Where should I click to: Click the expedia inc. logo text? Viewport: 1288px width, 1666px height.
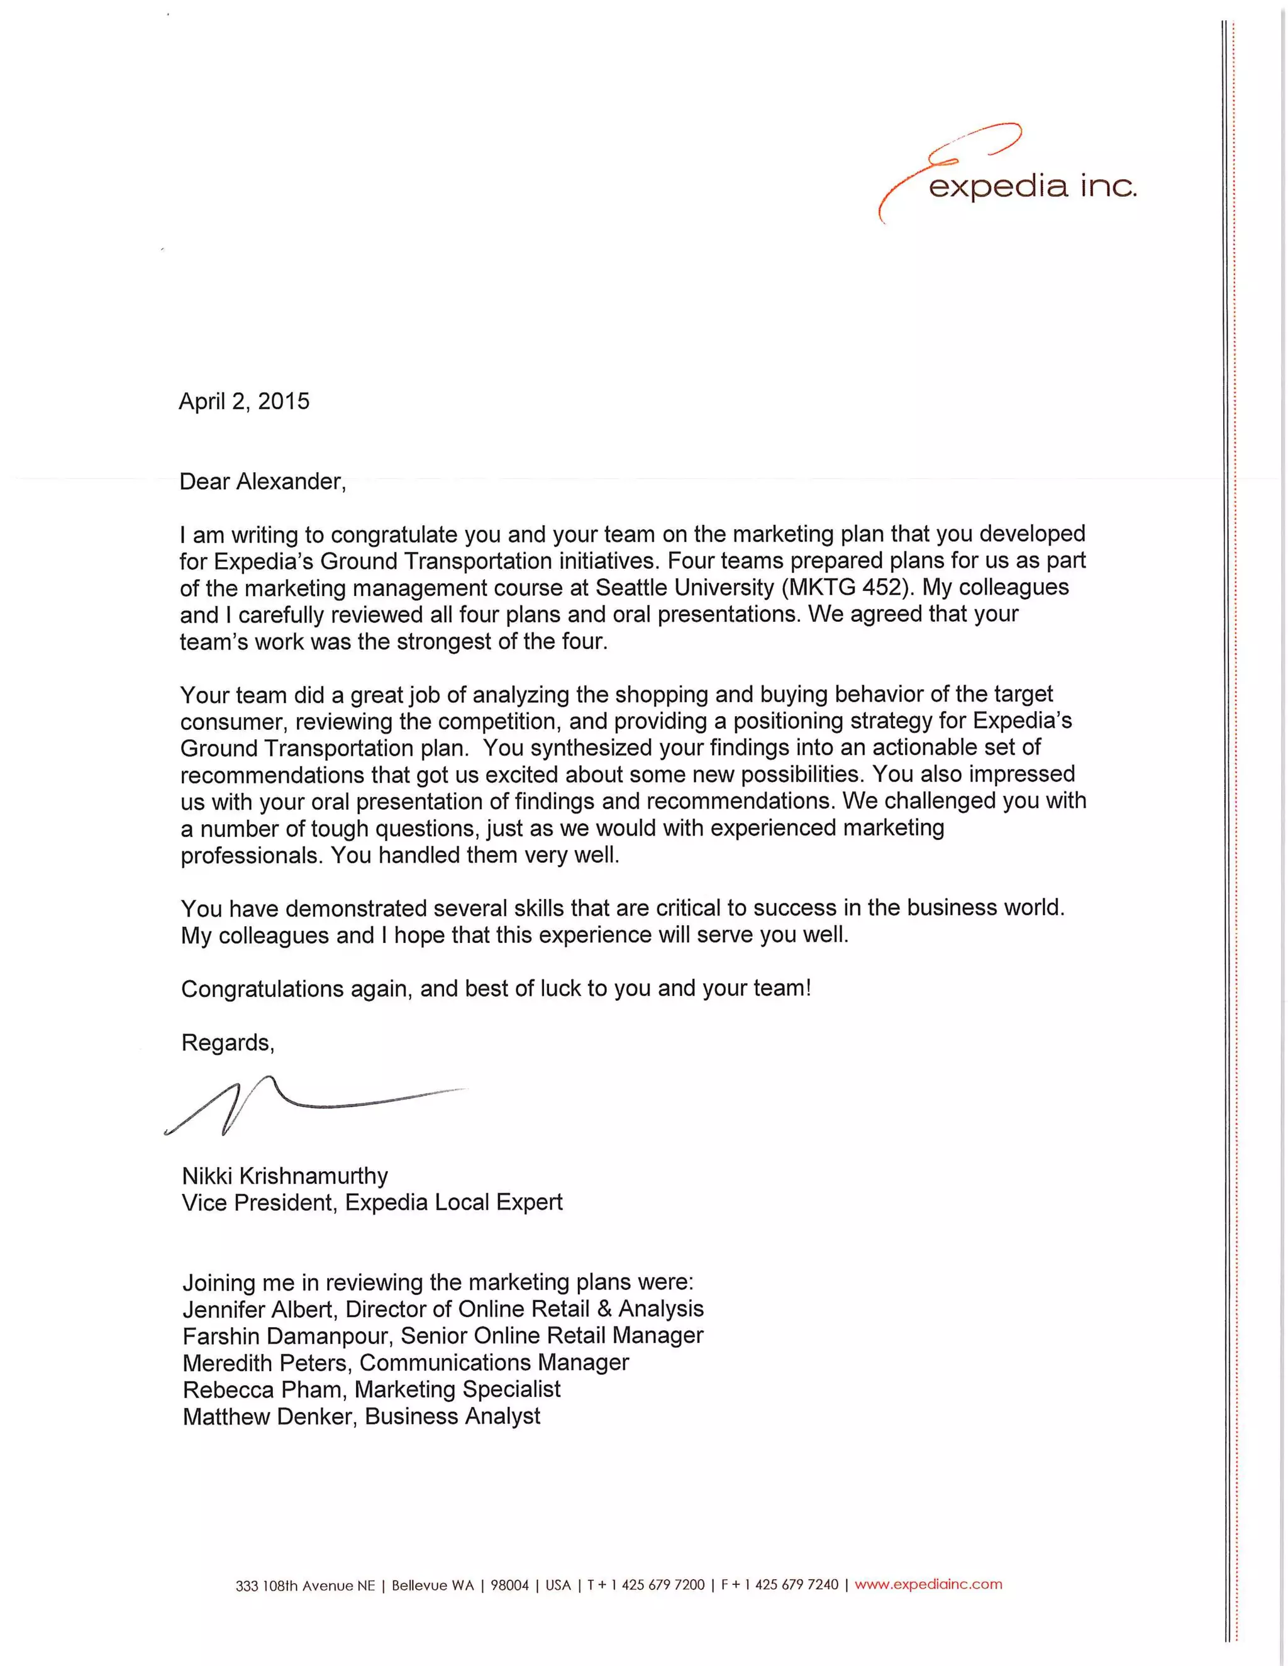pyautogui.click(x=1031, y=187)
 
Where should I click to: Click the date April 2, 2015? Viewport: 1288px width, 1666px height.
pyautogui.click(x=244, y=401)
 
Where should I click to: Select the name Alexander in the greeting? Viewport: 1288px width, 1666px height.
pyautogui.click(x=290, y=482)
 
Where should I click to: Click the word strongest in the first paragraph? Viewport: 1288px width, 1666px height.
pyautogui.click(x=445, y=641)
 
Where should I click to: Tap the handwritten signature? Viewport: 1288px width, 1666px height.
pyautogui.click(x=305, y=1106)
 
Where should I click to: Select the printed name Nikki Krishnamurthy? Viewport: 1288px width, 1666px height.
pyautogui.click(x=285, y=1176)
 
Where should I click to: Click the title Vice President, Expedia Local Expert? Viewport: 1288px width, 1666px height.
pyautogui.click(x=372, y=1203)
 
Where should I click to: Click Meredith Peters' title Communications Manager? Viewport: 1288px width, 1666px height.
pyautogui.click(x=494, y=1363)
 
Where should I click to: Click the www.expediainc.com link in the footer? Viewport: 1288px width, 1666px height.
pyautogui.click(x=928, y=1584)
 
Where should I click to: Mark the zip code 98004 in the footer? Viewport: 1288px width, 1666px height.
pyautogui.click(x=509, y=1585)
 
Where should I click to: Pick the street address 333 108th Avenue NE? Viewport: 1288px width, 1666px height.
pyautogui.click(x=305, y=1586)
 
